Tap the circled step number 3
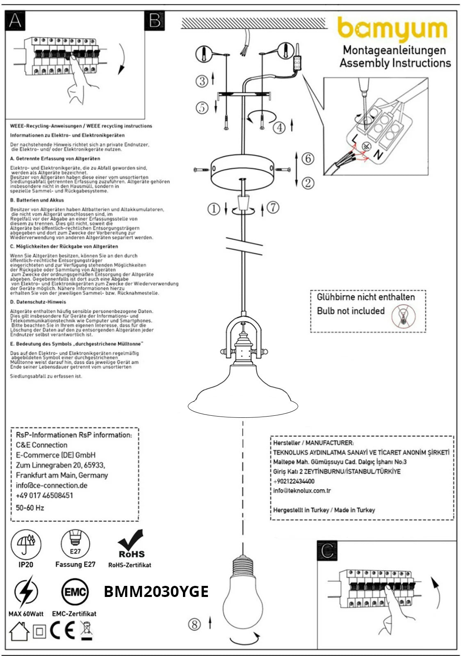click(x=202, y=81)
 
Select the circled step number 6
click(x=308, y=158)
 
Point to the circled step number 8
click(x=194, y=624)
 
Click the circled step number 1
click(x=214, y=209)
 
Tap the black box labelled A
click(x=15, y=20)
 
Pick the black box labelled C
click(x=327, y=551)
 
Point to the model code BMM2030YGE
click(x=156, y=592)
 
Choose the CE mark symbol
click(x=62, y=631)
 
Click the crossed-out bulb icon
click(x=403, y=317)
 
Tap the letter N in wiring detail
click(x=378, y=155)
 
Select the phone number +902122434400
click(x=294, y=481)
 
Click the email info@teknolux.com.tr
click(x=302, y=490)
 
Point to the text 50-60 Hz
click(x=30, y=508)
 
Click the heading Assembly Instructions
click(x=395, y=63)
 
